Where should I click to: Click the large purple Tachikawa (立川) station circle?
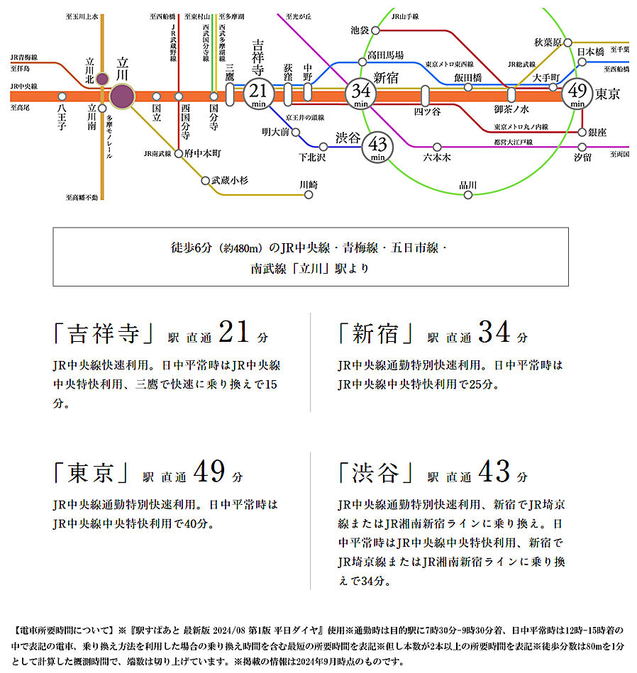122,96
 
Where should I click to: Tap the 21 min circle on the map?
259,94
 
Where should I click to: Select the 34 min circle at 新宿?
361,94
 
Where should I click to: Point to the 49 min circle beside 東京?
577,94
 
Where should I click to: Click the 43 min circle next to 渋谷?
377,148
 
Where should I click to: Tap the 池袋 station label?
360,30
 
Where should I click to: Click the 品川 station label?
467,186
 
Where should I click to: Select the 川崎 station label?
309,184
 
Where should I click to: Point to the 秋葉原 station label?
548,42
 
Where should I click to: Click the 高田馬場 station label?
385,55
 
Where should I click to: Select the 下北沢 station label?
312,157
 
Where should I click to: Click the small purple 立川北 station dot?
102,79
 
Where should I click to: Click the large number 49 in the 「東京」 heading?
208,472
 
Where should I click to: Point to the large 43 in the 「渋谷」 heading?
494,472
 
